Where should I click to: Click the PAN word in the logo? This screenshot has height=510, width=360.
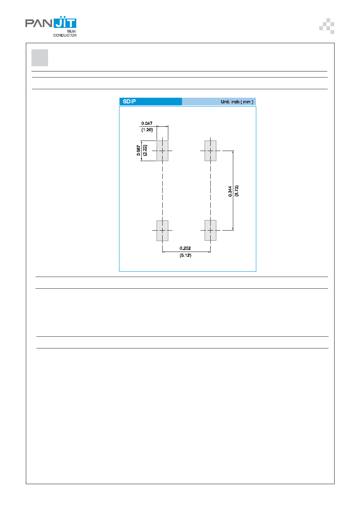39,23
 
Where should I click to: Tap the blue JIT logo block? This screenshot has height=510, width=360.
65,22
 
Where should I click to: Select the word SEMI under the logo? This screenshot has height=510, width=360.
71,31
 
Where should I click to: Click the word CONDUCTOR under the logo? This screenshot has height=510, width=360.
65,35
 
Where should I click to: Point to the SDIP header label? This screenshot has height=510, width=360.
129,101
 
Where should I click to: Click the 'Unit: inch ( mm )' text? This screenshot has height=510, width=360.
237,102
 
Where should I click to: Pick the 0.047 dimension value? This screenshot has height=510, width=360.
147,124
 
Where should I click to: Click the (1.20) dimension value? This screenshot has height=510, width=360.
147,130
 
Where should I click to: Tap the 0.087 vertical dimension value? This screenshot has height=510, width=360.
138,151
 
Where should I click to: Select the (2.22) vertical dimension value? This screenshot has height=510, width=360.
144,150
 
